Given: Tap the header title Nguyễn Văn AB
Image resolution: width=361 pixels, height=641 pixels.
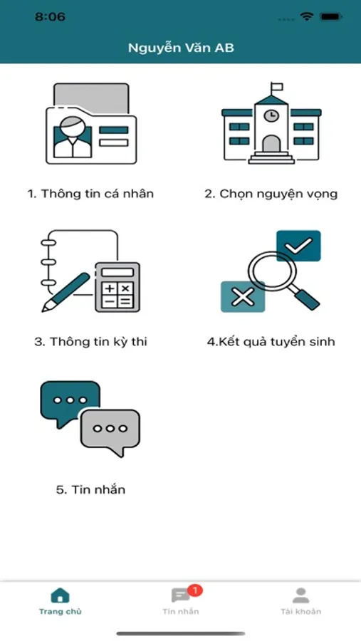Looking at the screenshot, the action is pos(181,48).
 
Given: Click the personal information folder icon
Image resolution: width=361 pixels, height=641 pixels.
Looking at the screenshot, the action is pos(90,123).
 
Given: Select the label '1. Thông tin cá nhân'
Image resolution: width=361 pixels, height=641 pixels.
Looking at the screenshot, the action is pos(90,193).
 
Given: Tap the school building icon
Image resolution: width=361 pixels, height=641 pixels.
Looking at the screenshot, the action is pos(271,123).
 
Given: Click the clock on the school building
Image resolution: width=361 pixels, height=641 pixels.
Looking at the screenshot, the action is pos(271,115).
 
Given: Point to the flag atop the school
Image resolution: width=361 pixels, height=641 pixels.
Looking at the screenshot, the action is pos(277,87).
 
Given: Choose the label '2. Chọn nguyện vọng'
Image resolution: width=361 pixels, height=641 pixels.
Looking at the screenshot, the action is pos(271,194).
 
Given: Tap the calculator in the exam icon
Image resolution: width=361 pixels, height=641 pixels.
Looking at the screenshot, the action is pos(117,287).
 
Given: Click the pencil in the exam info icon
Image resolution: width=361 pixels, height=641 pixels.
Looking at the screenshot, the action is pos(66,293).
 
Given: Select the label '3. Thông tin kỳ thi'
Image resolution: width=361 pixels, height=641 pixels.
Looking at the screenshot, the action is pos(90,342).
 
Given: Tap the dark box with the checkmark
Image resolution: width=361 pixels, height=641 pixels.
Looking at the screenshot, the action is pos(298,246).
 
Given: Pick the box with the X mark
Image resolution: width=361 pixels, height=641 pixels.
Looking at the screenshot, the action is pos(242,297).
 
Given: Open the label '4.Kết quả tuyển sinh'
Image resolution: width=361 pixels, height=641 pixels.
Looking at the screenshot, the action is pos(271,342).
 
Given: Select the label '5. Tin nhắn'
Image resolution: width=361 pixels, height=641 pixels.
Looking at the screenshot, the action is pos(90,489).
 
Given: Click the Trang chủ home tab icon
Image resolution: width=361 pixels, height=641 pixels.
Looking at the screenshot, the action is pos(60,595).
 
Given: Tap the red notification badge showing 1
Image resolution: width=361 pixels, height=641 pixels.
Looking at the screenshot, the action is pos(195,590).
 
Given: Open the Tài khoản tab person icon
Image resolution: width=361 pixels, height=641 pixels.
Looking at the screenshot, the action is pos(301,595).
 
